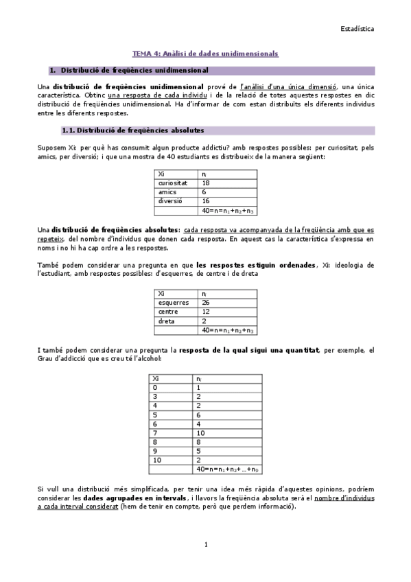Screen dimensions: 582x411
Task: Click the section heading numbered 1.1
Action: [132, 130]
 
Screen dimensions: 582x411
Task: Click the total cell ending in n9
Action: [226, 469]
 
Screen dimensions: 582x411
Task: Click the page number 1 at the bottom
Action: [205, 544]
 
